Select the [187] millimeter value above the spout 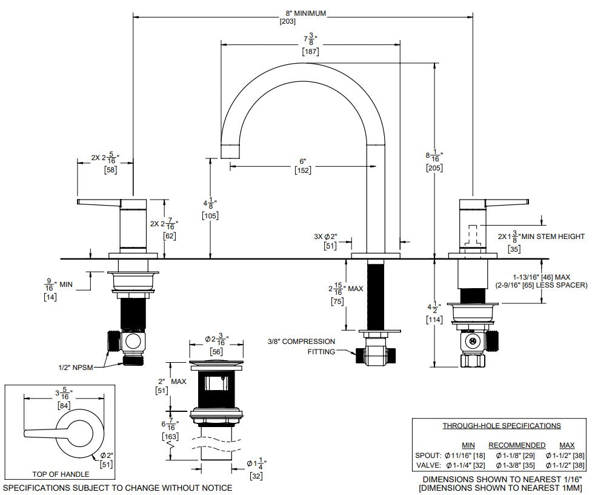[x=310, y=51]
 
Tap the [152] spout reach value [x=303, y=170]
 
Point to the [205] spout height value [x=434, y=168]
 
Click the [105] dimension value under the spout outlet [x=210, y=216]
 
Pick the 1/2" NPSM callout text [x=76, y=367]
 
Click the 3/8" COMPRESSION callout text [x=301, y=342]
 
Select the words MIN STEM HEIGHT [x=553, y=237]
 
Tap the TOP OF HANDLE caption [x=61, y=474]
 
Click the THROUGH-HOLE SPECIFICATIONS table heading [x=501, y=426]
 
